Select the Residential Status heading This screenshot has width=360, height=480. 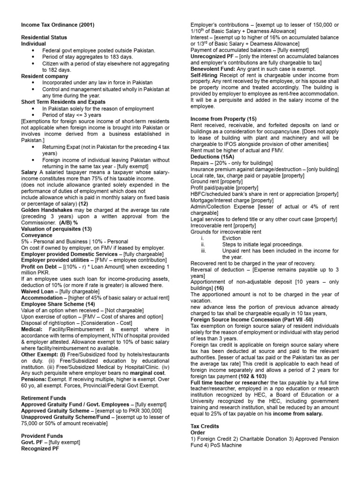coord(44,37)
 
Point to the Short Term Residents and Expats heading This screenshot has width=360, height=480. coord(63,102)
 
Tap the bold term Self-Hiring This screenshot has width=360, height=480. coord(206,75)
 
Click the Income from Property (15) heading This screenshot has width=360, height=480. coord(224,120)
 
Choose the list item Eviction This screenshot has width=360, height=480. coord(232,238)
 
